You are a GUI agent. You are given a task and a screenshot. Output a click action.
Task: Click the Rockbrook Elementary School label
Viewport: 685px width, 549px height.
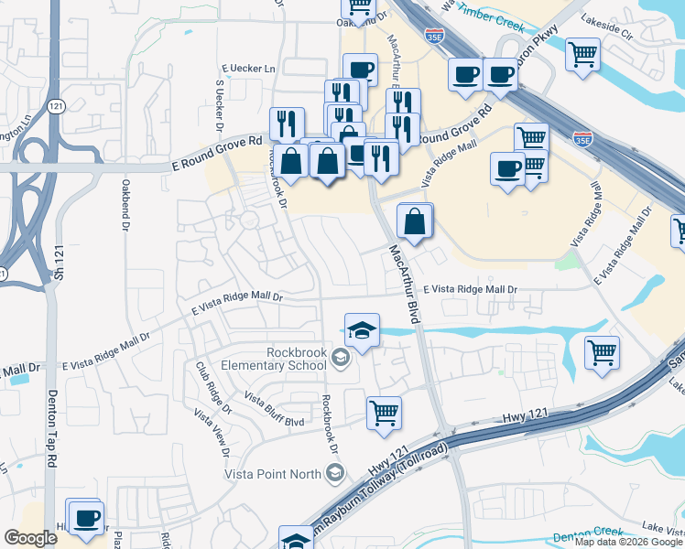tap(296, 359)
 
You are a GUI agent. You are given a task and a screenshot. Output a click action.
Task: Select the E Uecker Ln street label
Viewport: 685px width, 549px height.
tap(248, 70)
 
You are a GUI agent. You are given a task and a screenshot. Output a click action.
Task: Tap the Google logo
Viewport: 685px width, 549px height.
tap(30, 538)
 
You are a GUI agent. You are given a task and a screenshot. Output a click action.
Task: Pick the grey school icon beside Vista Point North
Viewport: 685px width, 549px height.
tap(335, 473)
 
